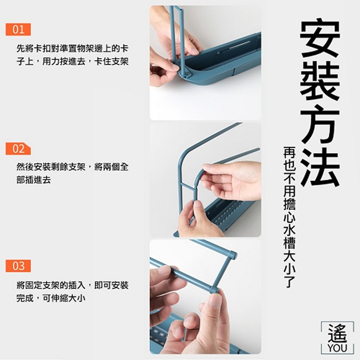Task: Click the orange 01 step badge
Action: pos(18,29)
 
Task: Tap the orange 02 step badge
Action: pos(18,148)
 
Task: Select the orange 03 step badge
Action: pos(18,266)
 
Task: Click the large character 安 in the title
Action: pos(320,39)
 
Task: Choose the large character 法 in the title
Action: pos(320,167)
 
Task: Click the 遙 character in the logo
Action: pos(337,333)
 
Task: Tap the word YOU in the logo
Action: pos(337,348)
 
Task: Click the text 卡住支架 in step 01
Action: pos(111,61)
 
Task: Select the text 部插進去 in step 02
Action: pos(34,180)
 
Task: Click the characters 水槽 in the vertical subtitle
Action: pos(289,237)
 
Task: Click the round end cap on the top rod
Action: pos(232,255)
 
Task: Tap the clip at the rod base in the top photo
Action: pos(184,74)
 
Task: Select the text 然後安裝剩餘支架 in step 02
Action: pos(51,167)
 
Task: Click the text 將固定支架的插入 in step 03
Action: pos(51,286)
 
